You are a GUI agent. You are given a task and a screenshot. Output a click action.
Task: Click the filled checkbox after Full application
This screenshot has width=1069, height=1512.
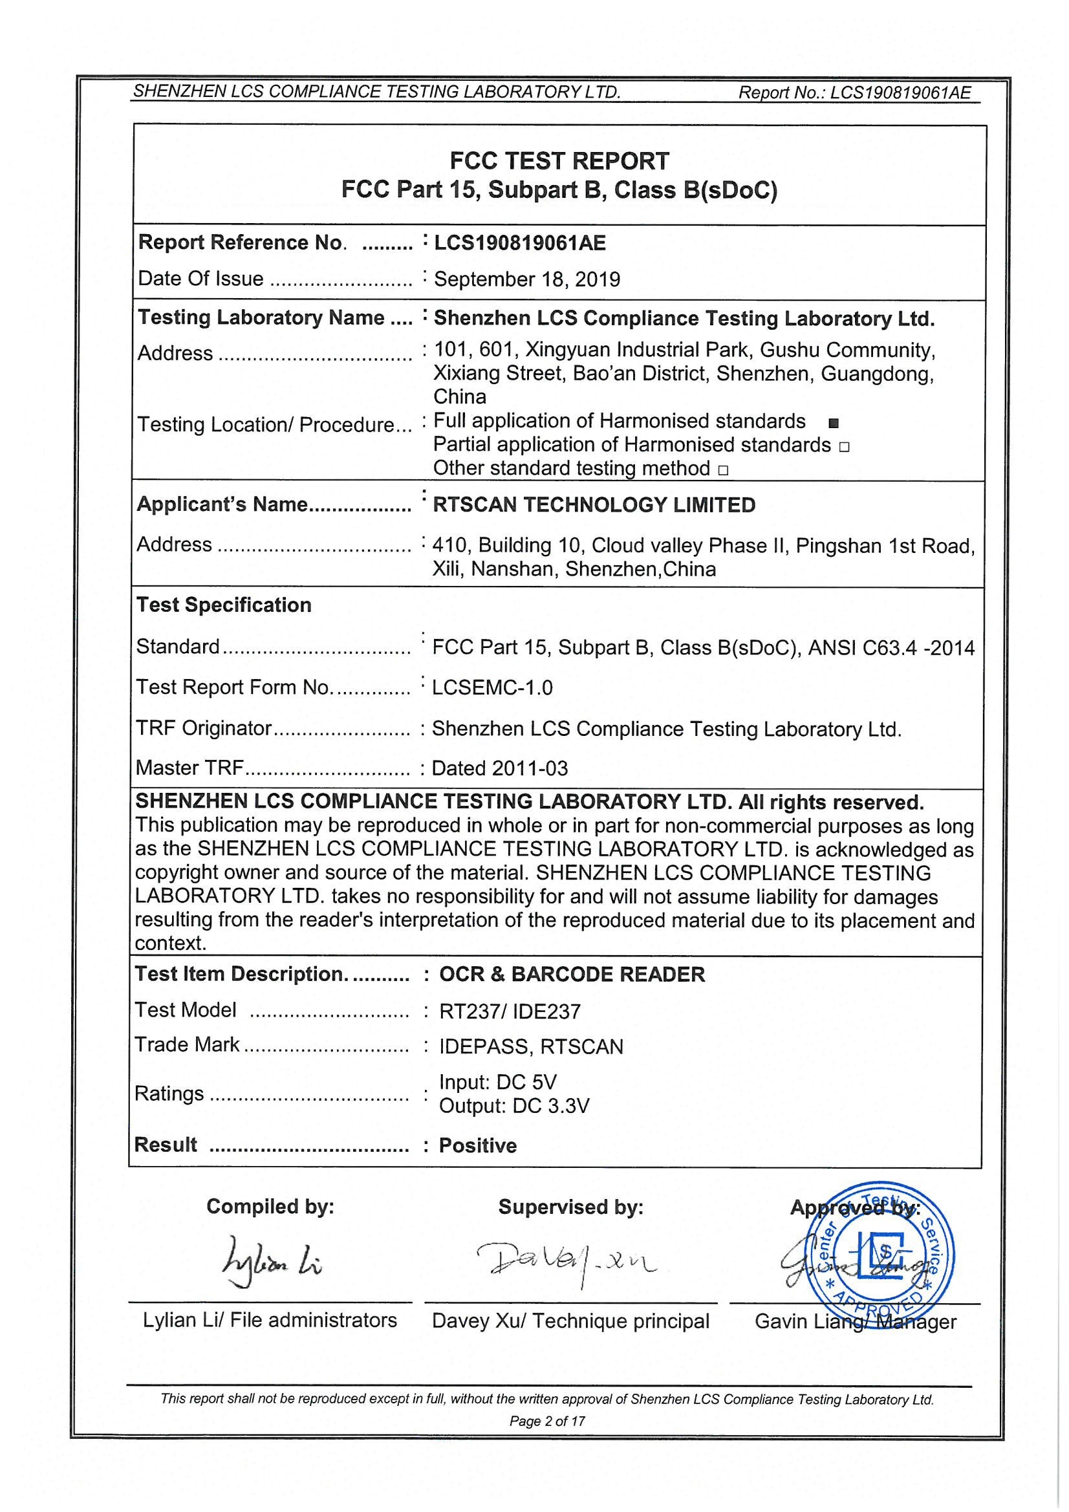click(x=834, y=423)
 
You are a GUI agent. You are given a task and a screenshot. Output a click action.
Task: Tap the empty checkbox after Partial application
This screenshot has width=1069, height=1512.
click(x=845, y=447)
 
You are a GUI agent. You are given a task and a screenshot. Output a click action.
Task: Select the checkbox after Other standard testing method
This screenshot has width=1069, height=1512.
click(x=723, y=470)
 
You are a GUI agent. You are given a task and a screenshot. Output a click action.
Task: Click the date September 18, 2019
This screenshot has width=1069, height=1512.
click(x=527, y=279)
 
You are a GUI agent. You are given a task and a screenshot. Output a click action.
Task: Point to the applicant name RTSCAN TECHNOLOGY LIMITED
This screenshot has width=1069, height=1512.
click(x=594, y=505)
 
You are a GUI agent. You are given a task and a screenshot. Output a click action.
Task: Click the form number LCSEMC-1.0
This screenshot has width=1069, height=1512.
click(x=492, y=687)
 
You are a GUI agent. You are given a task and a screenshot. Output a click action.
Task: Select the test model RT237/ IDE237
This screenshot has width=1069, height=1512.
click(x=510, y=1011)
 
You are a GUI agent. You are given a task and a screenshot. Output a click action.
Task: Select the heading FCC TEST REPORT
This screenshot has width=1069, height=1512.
click(x=559, y=161)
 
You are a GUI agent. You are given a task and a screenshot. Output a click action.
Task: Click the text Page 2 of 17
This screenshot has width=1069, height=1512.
click(x=546, y=1420)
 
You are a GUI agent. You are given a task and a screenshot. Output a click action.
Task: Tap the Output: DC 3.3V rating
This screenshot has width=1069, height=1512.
click(x=513, y=1106)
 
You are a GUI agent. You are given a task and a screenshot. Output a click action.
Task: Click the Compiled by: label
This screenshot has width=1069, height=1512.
click(x=270, y=1207)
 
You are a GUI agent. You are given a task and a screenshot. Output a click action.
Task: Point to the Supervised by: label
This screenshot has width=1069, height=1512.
click(x=570, y=1207)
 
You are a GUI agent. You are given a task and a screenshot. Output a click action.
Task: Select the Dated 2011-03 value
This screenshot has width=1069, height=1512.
click(x=499, y=768)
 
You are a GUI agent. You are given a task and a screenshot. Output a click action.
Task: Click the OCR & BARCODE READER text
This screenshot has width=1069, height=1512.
click(x=572, y=975)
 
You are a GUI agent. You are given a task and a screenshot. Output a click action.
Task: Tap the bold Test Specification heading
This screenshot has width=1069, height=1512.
click(x=224, y=605)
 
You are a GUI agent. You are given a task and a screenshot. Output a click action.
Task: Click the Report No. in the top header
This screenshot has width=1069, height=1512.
click(x=854, y=93)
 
